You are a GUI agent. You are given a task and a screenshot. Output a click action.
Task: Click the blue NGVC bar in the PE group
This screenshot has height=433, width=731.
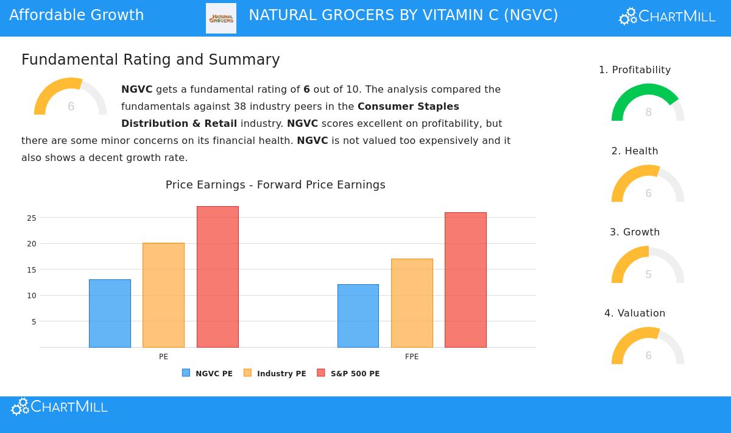click(x=110, y=313)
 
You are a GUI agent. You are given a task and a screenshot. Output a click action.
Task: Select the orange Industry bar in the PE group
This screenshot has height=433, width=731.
click(x=163, y=295)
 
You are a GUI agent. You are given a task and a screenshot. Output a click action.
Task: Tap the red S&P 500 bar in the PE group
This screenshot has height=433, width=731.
click(x=217, y=277)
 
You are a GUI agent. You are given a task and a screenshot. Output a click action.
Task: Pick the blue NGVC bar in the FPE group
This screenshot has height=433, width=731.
click(x=358, y=316)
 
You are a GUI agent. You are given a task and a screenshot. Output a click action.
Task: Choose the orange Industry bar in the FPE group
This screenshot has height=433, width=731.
click(x=412, y=303)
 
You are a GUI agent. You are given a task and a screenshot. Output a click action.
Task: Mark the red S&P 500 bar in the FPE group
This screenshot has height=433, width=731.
click(x=465, y=280)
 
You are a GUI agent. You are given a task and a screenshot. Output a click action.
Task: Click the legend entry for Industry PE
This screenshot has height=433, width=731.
click(x=275, y=373)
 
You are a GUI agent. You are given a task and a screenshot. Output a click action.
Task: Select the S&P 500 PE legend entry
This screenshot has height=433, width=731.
click(x=348, y=373)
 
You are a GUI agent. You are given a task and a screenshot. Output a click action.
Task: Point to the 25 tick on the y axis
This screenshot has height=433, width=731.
click(x=32, y=218)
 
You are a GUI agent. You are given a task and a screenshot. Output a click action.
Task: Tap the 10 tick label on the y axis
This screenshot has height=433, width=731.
click(x=32, y=296)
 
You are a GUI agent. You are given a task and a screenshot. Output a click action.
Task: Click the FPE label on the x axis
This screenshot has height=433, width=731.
click(x=412, y=357)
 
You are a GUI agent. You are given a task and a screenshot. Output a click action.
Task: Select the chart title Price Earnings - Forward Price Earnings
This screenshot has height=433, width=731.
click(x=275, y=185)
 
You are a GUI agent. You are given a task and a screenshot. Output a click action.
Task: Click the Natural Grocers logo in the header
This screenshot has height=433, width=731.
click(x=221, y=18)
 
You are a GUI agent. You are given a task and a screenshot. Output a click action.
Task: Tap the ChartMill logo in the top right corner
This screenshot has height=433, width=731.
click(x=667, y=16)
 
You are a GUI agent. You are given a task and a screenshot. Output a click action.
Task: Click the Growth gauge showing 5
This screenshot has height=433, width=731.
click(x=648, y=265)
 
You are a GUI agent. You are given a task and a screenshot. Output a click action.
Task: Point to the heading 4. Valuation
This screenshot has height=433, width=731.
click(x=635, y=313)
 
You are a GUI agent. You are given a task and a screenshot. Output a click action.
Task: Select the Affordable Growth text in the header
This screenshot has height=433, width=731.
click(x=77, y=15)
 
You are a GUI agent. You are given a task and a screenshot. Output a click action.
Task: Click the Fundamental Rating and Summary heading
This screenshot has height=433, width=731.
click(x=150, y=60)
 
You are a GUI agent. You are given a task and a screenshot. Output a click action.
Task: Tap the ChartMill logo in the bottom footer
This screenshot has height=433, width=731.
click(x=59, y=407)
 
